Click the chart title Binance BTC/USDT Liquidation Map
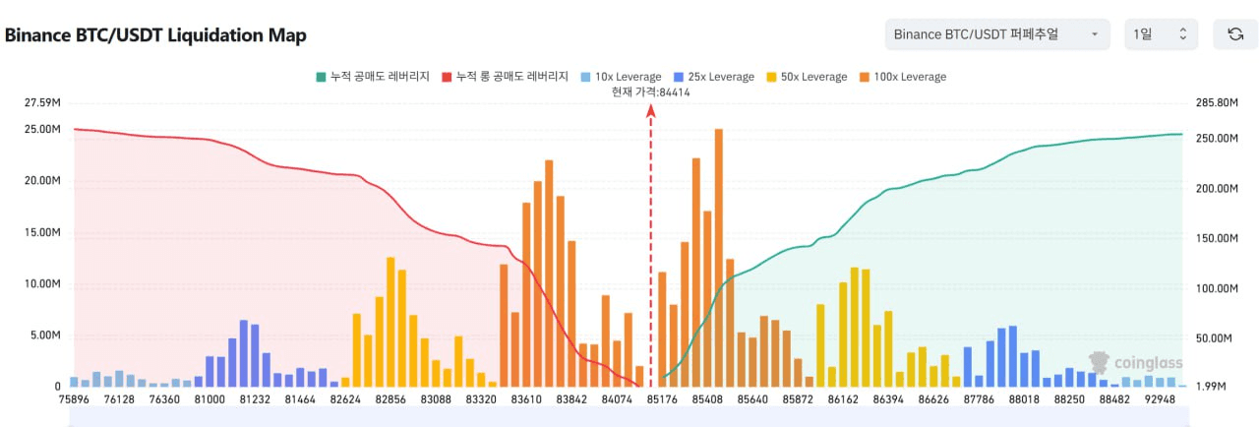(155, 35)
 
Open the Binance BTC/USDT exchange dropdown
(996, 34)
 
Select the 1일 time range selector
(1161, 34)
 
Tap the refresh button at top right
(1235, 34)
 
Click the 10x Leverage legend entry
(621, 77)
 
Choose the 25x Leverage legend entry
(714, 77)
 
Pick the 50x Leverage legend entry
(807, 77)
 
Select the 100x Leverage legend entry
(902, 77)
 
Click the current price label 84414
(650, 92)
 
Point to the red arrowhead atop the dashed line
(650, 110)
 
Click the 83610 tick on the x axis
(525, 398)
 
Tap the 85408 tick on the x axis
(707, 398)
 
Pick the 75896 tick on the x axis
(74, 398)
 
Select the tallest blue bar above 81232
(243, 352)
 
